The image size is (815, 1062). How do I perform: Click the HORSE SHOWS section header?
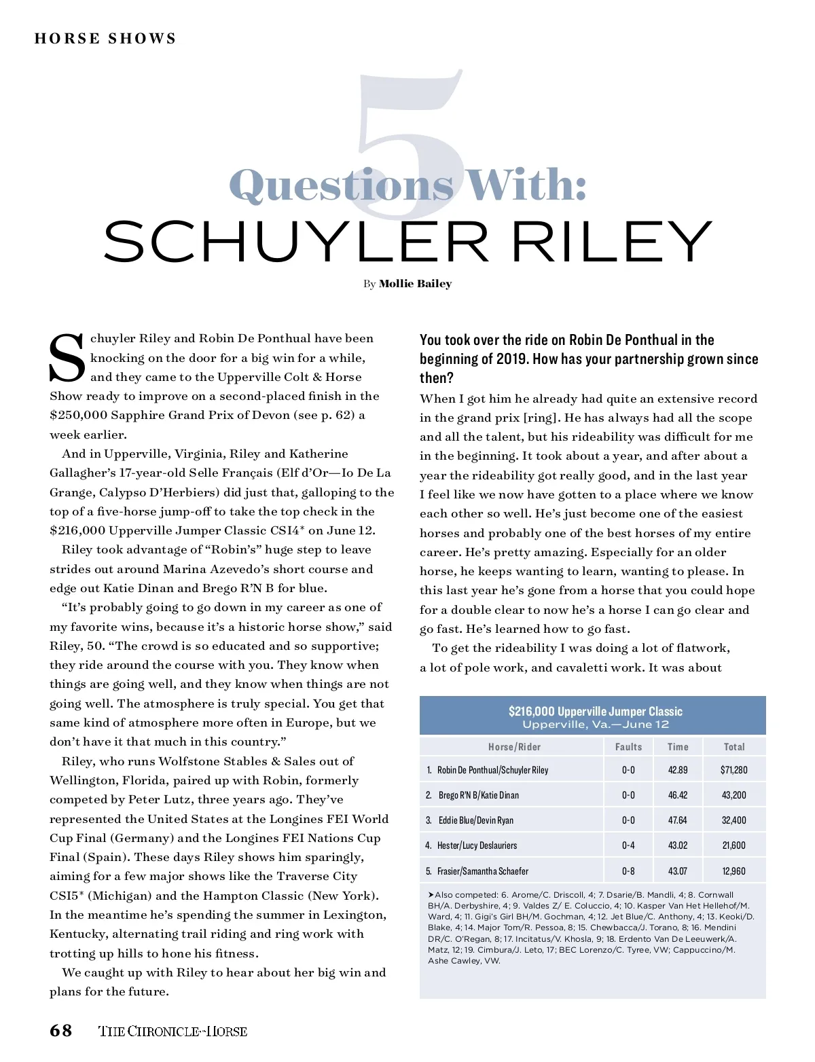point(105,39)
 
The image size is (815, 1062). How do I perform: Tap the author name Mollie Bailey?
point(415,284)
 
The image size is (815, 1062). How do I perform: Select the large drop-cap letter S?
point(67,357)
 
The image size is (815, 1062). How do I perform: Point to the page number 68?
point(60,1031)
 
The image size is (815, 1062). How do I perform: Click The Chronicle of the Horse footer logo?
point(173,1031)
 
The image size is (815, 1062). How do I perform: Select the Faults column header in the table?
point(628,747)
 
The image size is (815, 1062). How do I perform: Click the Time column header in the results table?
point(678,747)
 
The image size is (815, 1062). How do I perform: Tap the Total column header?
point(734,747)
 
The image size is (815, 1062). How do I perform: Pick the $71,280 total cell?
point(734,770)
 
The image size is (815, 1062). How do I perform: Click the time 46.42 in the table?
point(678,795)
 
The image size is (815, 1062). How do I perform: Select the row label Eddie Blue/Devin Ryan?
point(475,820)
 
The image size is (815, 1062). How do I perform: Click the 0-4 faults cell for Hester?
point(628,845)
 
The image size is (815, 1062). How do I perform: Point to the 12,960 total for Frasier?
point(734,871)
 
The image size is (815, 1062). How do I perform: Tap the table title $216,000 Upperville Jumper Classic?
point(595,711)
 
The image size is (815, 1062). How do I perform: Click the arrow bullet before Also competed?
point(431,895)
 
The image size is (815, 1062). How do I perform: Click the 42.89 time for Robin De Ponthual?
point(678,770)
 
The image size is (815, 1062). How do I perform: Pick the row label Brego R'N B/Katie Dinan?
point(478,795)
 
